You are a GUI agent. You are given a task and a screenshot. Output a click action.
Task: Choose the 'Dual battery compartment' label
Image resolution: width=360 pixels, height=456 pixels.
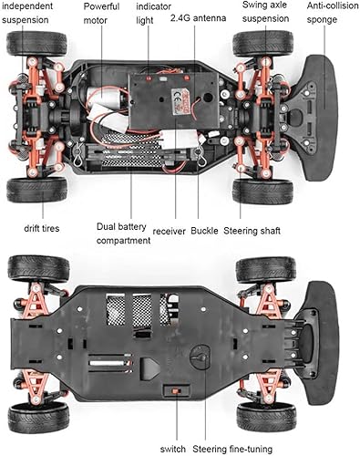point(123,233)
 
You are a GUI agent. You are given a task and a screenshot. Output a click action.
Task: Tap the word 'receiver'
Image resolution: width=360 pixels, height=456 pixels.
point(170,231)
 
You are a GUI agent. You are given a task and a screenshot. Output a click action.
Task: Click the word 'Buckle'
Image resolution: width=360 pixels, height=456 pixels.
point(204,231)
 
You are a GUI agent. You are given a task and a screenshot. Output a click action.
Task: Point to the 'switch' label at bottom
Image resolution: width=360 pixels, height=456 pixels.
point(173,448)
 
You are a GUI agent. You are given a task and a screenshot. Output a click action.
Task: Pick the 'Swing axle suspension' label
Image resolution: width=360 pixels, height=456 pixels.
point(265,12)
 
